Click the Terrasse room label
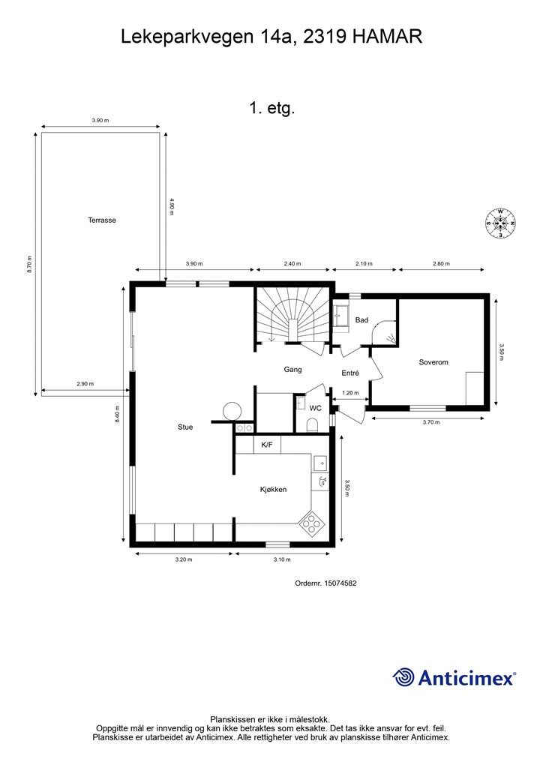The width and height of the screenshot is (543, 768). [102, 220]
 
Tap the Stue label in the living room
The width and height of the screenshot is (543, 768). [185, 427]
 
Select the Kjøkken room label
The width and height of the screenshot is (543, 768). [273, 489]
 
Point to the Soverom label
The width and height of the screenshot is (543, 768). [433, 362]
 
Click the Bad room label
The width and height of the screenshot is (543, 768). [361, 320]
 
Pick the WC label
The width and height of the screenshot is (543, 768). [315, 408]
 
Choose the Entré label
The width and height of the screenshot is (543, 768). [350, 373]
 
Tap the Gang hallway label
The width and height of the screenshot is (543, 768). [292, 370]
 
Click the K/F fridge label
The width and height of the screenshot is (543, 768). [267, 445]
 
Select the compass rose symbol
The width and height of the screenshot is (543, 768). [500, 223]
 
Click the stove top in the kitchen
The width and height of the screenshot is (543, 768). [311, 523]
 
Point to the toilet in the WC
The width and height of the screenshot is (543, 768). [313, 424]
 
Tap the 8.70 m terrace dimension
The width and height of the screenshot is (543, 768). [29, 265]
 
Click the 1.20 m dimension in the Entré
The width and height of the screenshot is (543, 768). [350, 393]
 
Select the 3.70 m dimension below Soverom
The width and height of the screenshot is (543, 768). [431, 422]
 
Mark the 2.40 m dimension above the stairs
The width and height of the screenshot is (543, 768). [292, 264]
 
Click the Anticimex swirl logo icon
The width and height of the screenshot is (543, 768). [403, 678]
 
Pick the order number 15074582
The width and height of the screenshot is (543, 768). [340, 583]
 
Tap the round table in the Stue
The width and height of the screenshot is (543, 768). [232, 411]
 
